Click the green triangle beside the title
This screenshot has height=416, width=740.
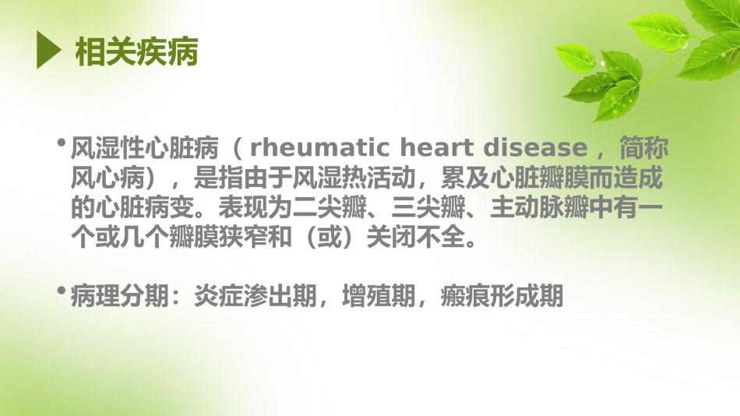[x=48, y=50]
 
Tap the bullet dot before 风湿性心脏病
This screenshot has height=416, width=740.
[x=61, y=142]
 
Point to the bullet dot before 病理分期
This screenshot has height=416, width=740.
[x=61, y=291]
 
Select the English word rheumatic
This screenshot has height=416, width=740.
[x=319, y=148]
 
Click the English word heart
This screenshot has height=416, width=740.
[x=436, y=148]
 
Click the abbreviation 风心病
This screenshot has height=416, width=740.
[x=107, y=178]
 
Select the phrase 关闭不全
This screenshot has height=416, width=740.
[x=416, y=237]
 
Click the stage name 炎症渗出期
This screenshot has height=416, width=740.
[x=255, y=296]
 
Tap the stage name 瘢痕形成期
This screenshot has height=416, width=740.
[x=502, y=296]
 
